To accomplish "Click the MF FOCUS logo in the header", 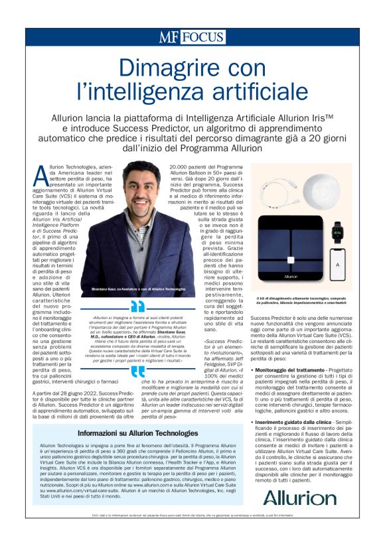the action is point(192,37).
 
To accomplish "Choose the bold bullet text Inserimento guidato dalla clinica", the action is point(296,421).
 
